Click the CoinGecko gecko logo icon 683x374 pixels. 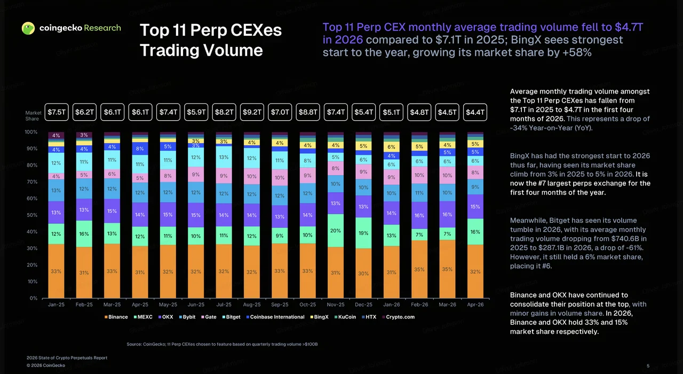pyautogui.click(x=28, y=28)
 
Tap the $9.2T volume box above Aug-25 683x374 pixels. pyautogui.click(x=252, y=112)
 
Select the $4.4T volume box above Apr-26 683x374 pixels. pyautogui.click(x=475, y=112)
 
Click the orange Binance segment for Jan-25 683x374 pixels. pyautogui.click(x=56, y=271)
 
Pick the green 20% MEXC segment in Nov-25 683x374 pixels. pyautogui.click(x=336, y=230)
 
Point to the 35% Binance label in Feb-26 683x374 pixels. pyautogui.click(x=419, y=270)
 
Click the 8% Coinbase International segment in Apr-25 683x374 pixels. pyautogui.click(x=140, y=149)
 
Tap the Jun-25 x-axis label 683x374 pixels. pyautogui.click(x=196, y=305)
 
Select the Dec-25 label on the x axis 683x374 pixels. pyautogui.click(x=363, y=305)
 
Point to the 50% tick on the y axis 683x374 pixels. pyautogui.click(x=31, y=215)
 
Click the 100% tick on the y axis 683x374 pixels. pyautogui.click(x=31, y=132)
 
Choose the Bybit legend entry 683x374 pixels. pyautogui.click(x=187, y=317)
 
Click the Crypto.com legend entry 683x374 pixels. pyautogui.click(x=398, y=317)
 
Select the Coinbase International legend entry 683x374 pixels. pyautogui.click(x=275, y=317)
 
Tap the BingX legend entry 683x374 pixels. pyautogui.click(x=319, y=317)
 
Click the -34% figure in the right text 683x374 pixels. pyautogui.click(x=519, y=128)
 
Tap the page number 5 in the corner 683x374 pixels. pyautogui.click(x=648, y=366)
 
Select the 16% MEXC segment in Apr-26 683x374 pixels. pyautogui.click(x=475, y=232)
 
